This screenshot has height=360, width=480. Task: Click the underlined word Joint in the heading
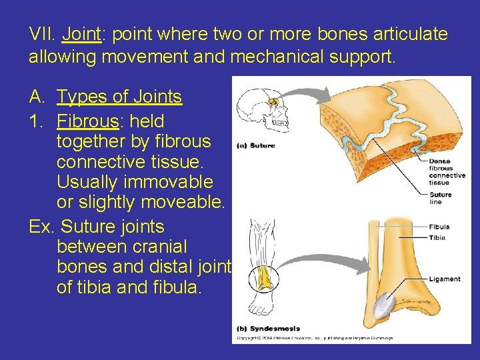(x=81, y=33)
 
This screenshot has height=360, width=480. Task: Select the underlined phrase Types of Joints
(x=119, y=97)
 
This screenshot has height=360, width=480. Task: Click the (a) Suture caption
(x=256, y=145)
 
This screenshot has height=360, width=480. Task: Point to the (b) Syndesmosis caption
(x=268, y=329)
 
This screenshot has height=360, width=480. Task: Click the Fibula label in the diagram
(x=439, y=227)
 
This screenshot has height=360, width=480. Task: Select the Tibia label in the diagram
(x=437, y=237)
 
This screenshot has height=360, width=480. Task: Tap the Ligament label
(x=445, y=279)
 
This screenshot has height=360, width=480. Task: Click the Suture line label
(x=441, y=198)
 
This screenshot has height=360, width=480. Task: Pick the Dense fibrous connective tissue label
(x=447, y=171)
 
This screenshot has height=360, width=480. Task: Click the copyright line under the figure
(x=315, y=338)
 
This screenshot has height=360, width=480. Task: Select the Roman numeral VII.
(x=41, y=33)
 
